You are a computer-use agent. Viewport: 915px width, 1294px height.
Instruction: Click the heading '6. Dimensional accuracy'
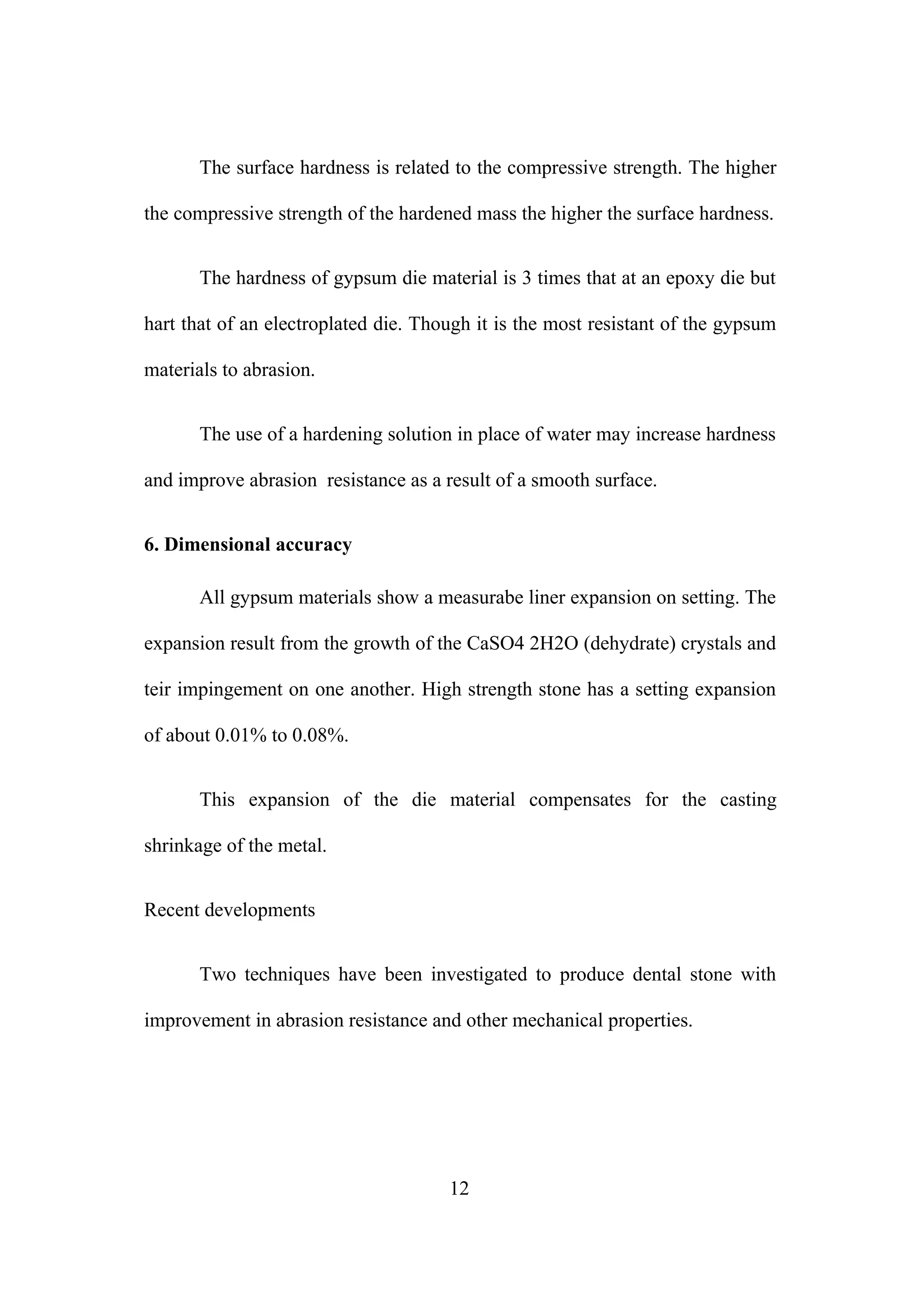point(248,544)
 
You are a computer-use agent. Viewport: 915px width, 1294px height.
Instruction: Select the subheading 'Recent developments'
point(230,910)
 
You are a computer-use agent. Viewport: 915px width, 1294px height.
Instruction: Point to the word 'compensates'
point(579,800)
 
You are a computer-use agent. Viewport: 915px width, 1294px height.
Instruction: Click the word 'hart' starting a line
point(159,324)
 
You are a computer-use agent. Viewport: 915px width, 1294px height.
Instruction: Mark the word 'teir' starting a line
point(157,689)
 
